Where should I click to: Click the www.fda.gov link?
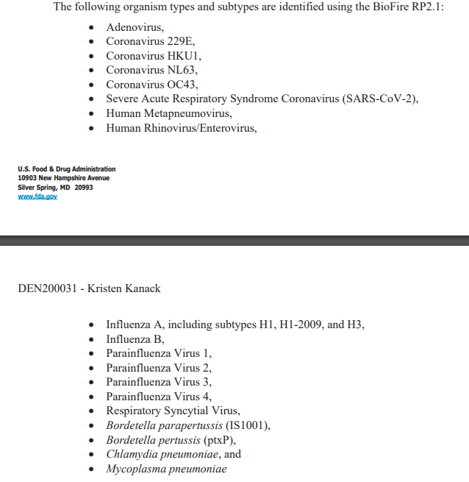37,196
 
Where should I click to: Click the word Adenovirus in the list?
135,27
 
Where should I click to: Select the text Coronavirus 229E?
150,41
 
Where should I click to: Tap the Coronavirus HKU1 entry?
152,56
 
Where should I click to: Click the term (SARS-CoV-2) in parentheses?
379,99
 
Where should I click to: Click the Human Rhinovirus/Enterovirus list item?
181,127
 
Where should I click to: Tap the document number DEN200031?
46,288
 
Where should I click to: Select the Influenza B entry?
135,339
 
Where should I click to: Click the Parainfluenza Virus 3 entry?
158,382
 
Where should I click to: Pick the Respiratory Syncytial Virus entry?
173,411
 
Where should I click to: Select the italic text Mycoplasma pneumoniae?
166,469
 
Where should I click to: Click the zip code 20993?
84,187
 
